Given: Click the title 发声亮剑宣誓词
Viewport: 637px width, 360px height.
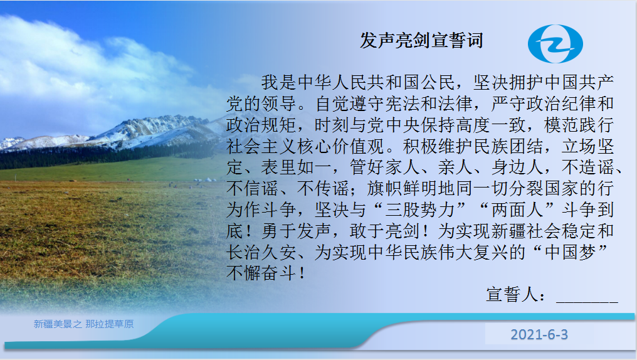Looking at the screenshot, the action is point(421,41).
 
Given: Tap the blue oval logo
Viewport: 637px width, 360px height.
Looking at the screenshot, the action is point(555,44).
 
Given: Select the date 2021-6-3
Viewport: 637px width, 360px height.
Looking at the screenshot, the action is point(539,334).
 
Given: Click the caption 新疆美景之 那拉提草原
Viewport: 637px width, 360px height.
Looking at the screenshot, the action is point(83,324).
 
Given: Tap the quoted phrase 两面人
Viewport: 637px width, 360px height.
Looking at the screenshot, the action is point(517,209).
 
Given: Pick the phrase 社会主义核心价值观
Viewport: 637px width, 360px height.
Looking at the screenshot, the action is point(305,146).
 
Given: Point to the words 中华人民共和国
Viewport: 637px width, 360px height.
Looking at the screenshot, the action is point(358,83).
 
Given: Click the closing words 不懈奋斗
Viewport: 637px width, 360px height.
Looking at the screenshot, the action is point(261,273).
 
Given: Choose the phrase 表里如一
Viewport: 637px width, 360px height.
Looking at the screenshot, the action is point(296,167).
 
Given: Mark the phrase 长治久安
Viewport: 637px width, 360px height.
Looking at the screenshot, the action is point(261,252).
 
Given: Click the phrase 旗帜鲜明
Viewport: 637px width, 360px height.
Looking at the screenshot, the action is point(402,189).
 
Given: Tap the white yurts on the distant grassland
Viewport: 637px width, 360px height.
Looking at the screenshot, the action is point(205,180).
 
